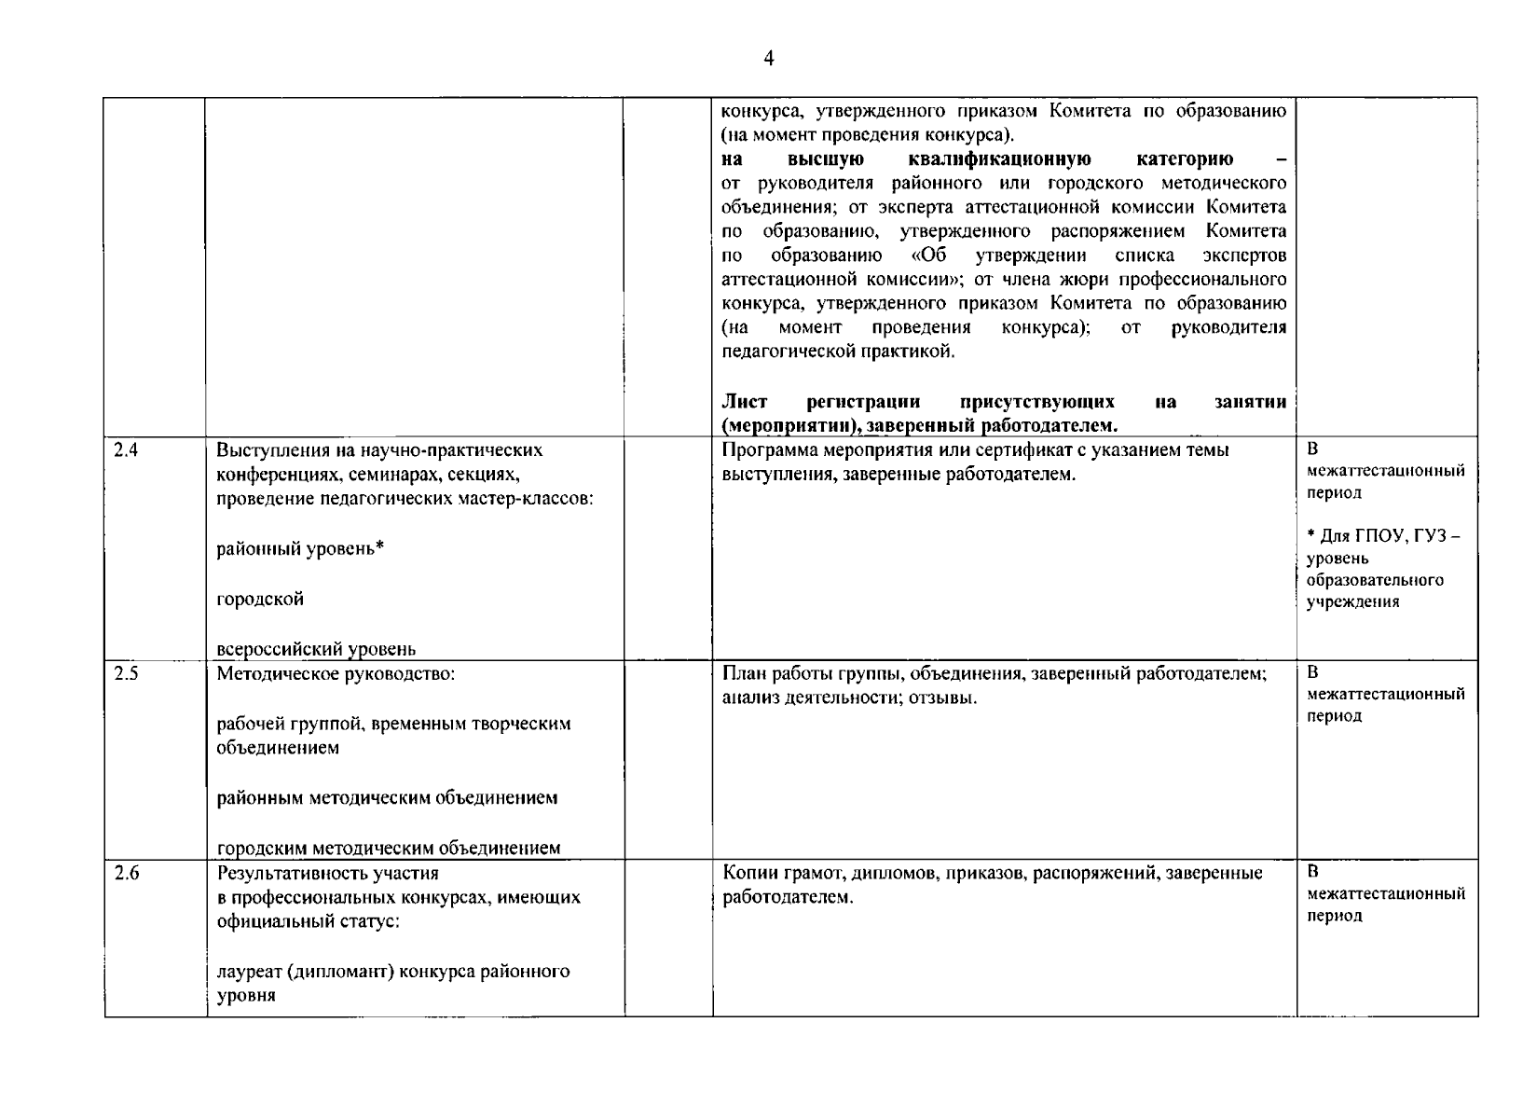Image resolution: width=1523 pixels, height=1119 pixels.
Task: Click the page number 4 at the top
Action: click(768, 59)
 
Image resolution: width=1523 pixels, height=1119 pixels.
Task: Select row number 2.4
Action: click(126, 450)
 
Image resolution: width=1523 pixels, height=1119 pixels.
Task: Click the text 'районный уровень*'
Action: click(300, 549)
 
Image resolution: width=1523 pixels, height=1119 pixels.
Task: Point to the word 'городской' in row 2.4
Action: click(260, 600)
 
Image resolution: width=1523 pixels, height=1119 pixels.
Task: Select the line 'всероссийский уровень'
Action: click(316, 649)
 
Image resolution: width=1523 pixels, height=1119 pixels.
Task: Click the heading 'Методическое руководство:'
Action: click(336, 673)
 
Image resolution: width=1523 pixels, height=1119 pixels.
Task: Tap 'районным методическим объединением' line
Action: click(387, 798)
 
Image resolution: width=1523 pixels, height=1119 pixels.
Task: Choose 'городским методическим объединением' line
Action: click(389, 849)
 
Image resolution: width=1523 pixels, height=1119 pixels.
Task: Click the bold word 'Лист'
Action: click(745, 402)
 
